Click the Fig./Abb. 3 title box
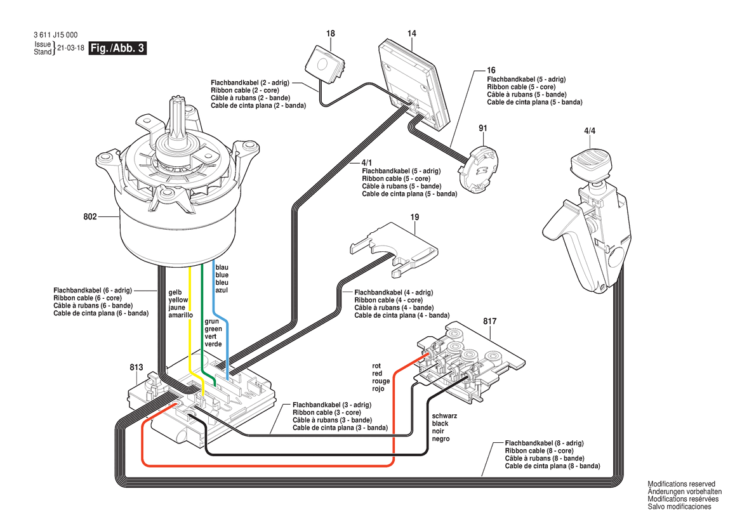[118, 48]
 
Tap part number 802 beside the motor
[90, 217]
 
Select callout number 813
[136, 367]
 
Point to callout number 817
[489, 322]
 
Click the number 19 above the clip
[415, 218]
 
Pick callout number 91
[483, 129]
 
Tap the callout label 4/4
[589, 131]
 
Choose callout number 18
[331, 33]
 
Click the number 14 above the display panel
[412, 33]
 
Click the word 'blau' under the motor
[222, 267]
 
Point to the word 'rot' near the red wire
[377, 366]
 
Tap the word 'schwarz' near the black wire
[445, 416]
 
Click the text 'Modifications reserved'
[681, 484]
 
